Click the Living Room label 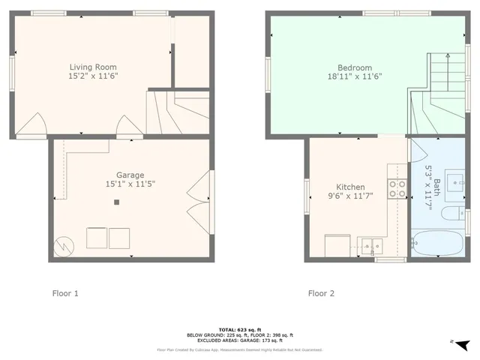93,67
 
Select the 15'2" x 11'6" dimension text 93,76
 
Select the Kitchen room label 350,187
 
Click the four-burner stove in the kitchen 397,189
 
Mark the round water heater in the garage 64,244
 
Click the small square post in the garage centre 116,202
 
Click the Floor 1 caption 64,293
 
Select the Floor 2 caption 322,293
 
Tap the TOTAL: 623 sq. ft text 239,330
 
